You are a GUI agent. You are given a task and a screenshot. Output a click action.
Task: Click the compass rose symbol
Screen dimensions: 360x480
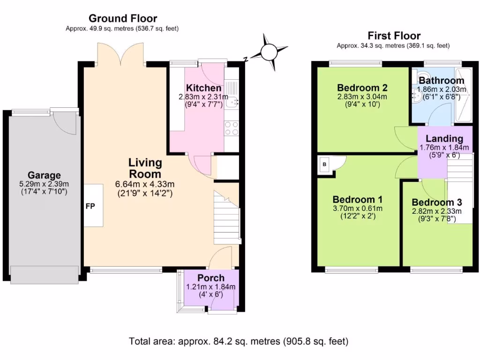click(x=269, y=52)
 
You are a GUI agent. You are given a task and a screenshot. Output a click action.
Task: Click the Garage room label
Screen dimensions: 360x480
click(x=44, y=176)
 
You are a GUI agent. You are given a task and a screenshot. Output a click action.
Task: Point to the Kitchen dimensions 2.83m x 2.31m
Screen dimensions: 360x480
click(x=203, y=97)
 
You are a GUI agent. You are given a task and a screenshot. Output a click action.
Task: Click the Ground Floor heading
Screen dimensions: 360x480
click(x=123, y=19)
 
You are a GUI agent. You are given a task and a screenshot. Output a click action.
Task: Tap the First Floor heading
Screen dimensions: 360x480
click(x=394, y=36)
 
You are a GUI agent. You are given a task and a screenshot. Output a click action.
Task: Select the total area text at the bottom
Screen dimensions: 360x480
click(x=239, y=341)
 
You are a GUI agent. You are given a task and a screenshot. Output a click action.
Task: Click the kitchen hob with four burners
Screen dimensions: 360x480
click(x=232, y=128)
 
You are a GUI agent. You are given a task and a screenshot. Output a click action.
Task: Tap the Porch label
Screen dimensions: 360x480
click(x=210, y=277)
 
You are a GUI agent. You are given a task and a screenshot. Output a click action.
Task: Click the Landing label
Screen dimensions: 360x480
click(x=444, y=139)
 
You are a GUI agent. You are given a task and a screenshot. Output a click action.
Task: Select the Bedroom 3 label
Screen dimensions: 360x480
click(x=437, y=202)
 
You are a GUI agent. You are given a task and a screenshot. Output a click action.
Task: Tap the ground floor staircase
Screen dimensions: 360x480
click(x=227, y=218)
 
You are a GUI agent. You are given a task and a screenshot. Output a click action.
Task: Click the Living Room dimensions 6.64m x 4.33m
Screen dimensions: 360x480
click(x=145, y=184)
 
